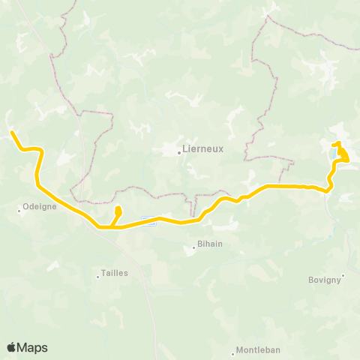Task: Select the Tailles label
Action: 115,274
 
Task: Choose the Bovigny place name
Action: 325,280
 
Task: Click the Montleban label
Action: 258,350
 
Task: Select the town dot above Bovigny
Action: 343,274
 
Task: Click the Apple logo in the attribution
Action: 11,347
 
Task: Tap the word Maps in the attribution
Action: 32,347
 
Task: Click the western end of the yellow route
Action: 12,133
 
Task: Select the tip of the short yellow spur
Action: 118,208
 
